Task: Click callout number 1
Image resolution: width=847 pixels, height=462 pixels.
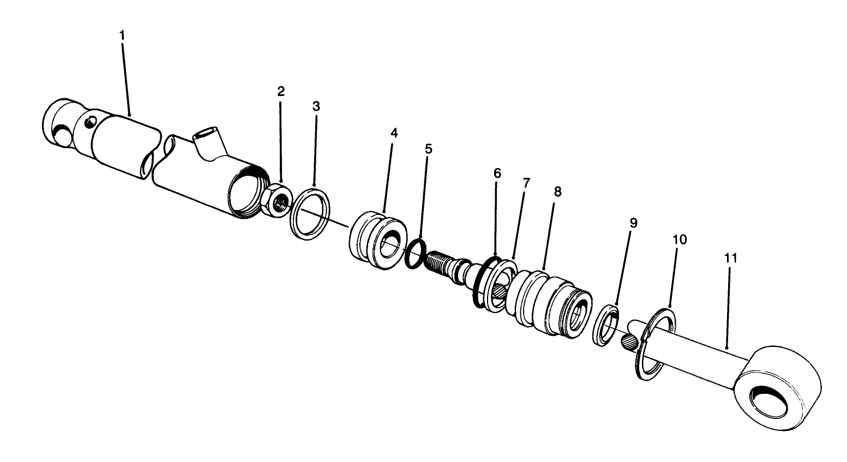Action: coord(122,35)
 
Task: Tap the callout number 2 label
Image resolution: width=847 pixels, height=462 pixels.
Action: coord(281,91)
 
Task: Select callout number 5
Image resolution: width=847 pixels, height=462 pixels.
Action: coord(428,149)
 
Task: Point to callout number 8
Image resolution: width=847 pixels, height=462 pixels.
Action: coord(557,191)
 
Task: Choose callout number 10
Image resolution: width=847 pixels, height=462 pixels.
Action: coord(680,239)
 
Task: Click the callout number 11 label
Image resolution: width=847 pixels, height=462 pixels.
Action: coord(731,258)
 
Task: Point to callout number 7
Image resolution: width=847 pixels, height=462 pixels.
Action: coord(526,183)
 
